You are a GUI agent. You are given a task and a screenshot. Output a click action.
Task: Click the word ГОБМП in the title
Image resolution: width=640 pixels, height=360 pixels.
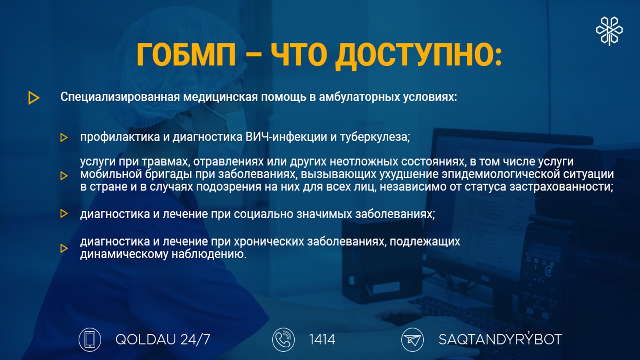pyautogui.click(x=186, y=55)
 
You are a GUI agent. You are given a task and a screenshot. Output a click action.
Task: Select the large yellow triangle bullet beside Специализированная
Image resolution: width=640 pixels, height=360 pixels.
pyautogui.click(x=34, y=98)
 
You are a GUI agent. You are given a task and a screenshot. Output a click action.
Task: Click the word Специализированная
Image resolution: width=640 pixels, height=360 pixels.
pyautogui.click(x=120, y=97)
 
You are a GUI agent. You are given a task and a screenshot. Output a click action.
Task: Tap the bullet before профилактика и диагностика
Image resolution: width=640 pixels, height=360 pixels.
pyautogui.click(x=64, y=138)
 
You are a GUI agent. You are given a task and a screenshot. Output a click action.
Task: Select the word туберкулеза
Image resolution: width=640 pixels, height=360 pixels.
pyautogui.click(x=375, y=137)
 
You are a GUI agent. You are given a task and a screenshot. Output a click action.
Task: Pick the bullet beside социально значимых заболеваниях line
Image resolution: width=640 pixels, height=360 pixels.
pyautogui.click(x=64, y=213)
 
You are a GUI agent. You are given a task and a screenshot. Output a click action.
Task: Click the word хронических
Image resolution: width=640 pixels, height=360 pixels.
pyautogui.click(x=269, y=241)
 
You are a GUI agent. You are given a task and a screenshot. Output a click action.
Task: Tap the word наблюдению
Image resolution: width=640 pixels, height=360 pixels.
pyautogui.click(x=209, y=254)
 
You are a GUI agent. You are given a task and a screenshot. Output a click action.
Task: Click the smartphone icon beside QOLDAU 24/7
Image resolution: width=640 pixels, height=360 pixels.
pyautogui.click(x=90, y=339)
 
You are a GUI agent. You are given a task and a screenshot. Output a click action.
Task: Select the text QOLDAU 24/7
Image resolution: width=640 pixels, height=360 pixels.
pyautogui.click(x=163, y=339)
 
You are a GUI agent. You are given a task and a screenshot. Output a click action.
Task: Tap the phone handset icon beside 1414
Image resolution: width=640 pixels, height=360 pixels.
pyautogui.click(x=283, y=339)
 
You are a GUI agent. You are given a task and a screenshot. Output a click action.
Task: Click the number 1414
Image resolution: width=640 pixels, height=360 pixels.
pyautogui.click(x=322, y=339)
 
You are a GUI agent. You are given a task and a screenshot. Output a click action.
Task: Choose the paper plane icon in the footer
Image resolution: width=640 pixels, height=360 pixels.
pyautogui.click(x=412, y=339)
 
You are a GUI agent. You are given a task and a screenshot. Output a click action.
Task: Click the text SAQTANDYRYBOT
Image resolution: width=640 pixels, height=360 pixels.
pyautogui.click(x=500, y=339)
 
